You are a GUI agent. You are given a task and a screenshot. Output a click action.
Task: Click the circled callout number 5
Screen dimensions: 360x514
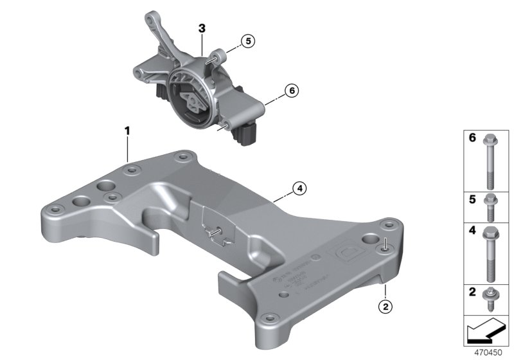point(248,41)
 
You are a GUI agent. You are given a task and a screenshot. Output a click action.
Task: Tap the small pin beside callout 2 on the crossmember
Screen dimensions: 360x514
point(384,245)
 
